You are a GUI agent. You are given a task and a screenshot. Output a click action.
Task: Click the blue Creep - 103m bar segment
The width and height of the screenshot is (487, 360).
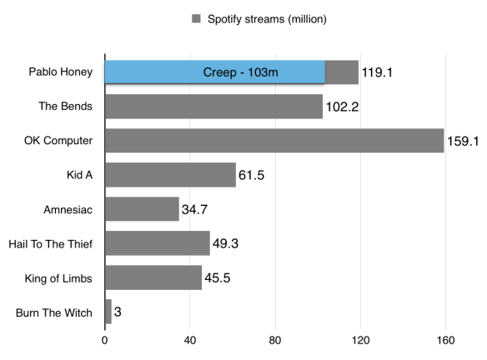(x=214, y=72)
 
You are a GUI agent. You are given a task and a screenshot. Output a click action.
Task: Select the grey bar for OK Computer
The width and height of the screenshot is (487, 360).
(x=274, y=141)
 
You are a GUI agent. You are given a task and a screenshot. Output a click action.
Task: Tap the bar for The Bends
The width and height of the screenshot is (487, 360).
(x=213, y=107)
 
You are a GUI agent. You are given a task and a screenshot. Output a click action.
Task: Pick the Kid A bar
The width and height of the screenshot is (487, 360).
(x=170, y=175)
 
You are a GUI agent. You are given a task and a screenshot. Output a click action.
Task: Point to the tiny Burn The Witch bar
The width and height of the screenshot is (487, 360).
(x=108, y=312)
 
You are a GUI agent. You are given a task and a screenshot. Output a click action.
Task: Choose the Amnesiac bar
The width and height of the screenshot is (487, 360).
(x=142, y=209)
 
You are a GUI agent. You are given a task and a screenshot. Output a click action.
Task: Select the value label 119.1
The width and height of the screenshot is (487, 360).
(x=377, y=72)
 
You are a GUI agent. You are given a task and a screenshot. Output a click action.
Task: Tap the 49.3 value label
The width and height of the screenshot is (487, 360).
(x=227, y=243)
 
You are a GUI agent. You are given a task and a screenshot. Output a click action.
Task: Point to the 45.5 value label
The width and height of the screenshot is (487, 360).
(x=218, y=277)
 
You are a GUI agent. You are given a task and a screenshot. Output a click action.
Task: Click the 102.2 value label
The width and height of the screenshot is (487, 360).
(x=342, y=107)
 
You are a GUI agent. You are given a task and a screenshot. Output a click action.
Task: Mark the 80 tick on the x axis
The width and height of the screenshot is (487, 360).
(x=275, y=340)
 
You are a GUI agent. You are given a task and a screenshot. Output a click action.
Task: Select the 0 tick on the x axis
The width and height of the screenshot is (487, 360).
(x=105, y=340)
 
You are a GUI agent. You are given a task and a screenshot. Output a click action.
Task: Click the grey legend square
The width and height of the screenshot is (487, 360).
(x=196, y=18)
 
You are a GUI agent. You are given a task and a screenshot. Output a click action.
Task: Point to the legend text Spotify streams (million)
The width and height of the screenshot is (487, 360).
(x=267, y=18)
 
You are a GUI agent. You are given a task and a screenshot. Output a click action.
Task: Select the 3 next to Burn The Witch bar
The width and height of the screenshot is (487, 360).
(x=118, y=312)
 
